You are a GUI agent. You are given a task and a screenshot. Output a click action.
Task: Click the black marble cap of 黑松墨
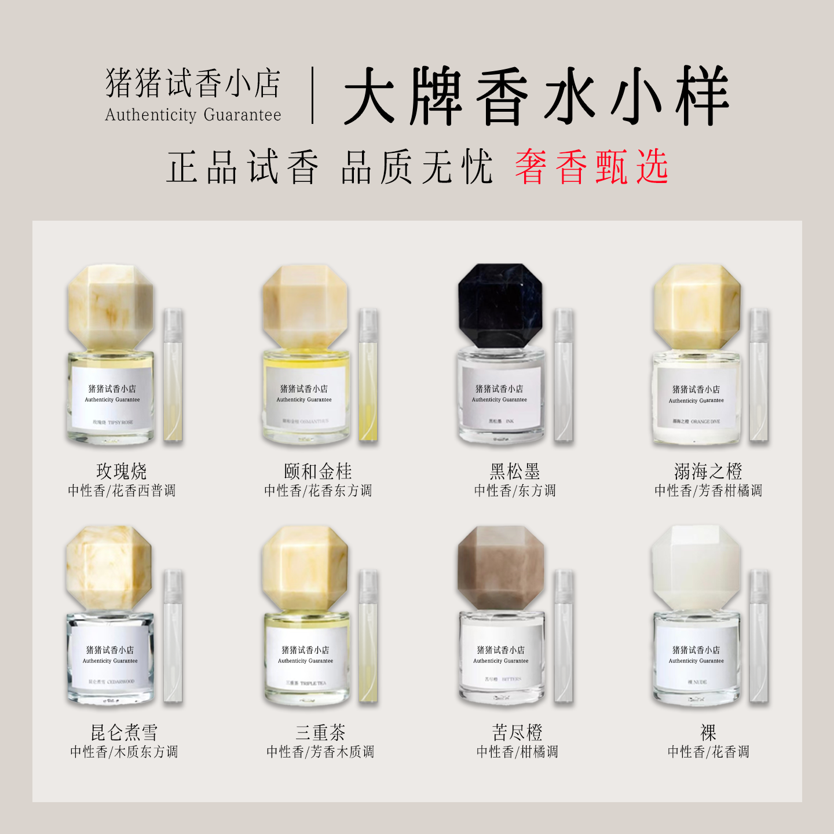click(x=500, y=306)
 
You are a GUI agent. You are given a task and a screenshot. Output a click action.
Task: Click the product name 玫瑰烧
click(x=122, y=471)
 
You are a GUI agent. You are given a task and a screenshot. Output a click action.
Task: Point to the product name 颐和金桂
click(x=317, y=471)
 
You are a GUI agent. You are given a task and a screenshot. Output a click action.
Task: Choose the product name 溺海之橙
click(x=708, y=471)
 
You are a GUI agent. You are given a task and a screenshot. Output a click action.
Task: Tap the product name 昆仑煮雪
click(x=124, y=732)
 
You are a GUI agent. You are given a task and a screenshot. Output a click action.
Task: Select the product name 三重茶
click(x=320, y=732)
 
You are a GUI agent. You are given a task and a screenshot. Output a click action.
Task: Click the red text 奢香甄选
click(x=591, y=167)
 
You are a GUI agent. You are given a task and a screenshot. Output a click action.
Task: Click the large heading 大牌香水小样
click(x=536, y=96)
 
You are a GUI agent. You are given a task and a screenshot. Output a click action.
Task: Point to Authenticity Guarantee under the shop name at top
click(x=193, y=115)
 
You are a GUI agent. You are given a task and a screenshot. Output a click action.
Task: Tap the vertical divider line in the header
click(x=313, y=96)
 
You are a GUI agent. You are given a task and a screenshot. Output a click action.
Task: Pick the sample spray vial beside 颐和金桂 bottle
click(x=368, y=375)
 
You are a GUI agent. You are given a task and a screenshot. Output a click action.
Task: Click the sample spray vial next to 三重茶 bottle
click(x=368, y=636)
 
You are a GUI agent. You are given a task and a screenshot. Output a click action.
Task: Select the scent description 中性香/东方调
click(x=514, y=491)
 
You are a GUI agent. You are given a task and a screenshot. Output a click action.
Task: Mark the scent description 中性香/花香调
click(x=708, y=752)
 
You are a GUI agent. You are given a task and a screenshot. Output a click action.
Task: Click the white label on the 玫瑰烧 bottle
click(x=112, y=397)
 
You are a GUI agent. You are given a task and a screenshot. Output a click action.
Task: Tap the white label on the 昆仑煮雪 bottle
click(x=110, y=659)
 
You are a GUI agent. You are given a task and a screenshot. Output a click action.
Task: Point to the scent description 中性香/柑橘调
click(x=517, y=752)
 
